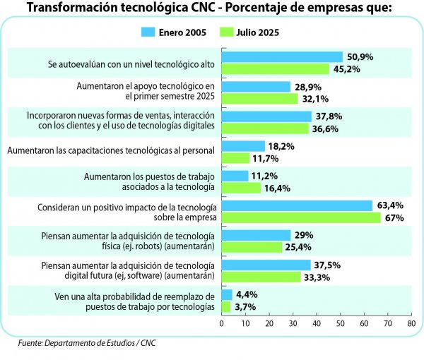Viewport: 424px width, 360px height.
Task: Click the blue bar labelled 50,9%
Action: [282, 56]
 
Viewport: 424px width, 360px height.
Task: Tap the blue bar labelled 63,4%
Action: [297, 205]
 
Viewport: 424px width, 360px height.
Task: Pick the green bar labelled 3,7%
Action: [226, 307]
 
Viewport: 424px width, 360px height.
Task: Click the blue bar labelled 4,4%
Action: [227, 294]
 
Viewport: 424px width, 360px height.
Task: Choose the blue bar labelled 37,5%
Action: [266, 265]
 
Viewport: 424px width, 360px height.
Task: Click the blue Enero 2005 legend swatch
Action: [148, 32]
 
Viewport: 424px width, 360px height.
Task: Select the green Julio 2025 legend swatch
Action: [228, 32]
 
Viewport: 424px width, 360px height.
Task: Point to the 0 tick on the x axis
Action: [222, 323]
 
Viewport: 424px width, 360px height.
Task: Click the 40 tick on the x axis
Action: [317, 323]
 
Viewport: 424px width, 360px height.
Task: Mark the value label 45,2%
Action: [346, 69]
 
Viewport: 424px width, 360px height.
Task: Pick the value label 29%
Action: [303, 235]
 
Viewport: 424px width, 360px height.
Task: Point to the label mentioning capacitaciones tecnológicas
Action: [112, 150]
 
